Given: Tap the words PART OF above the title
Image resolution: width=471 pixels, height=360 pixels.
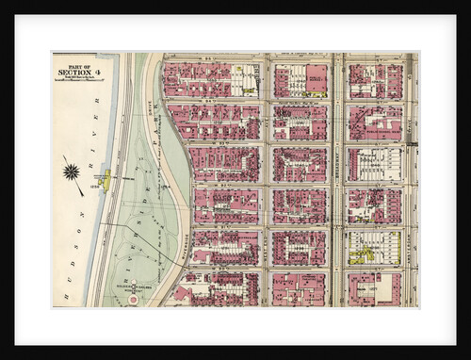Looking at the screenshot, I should pos(72,64).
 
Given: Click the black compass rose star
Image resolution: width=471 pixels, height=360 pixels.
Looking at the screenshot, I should pos(71,171).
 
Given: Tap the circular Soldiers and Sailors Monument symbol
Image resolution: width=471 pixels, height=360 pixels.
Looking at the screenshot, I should pos(133,300).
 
